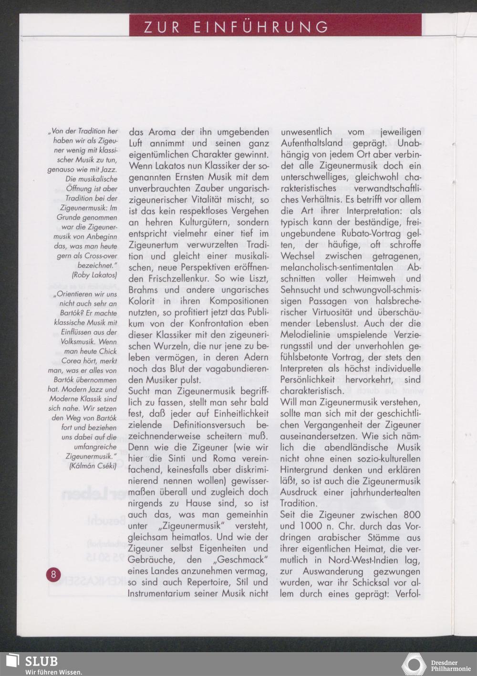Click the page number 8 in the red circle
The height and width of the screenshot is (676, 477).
(x=53, y=574)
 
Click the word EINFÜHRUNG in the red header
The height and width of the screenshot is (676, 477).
(x=261, y=27)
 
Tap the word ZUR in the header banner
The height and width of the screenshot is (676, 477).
(x=162, y=27)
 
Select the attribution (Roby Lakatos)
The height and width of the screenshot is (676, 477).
(x=94, y=275)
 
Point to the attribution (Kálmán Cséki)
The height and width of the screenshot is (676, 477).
(x=93, y=466)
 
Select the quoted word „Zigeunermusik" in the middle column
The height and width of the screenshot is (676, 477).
(x=193, y=526)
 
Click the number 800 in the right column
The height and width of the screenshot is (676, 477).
(x=412, y=515)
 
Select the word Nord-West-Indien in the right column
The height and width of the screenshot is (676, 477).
(x=363, y=560)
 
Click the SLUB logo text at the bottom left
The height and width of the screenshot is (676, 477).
(x=41, y=661)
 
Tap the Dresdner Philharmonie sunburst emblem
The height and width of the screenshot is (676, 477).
(x=414, y=665)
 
